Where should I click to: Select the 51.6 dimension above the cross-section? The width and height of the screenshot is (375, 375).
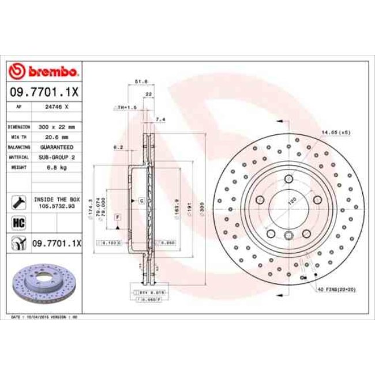[138, 82]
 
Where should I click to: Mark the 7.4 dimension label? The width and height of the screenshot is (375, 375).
[161, 119]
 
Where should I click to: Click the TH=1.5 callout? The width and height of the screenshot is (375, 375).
[125, 107]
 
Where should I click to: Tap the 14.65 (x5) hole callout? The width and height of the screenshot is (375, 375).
[336, 133]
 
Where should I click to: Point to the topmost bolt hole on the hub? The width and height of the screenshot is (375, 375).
[287, 179]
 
